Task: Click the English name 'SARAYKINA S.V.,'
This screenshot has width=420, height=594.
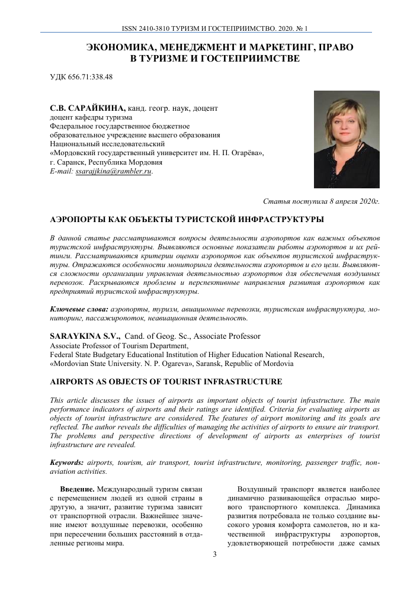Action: tap(85, 336)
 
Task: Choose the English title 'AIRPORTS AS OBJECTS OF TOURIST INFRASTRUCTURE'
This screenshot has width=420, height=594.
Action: tap(166, 381)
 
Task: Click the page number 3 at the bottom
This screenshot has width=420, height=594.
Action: tap(214, 554)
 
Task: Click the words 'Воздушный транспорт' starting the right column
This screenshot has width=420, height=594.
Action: tap(276, 489)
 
